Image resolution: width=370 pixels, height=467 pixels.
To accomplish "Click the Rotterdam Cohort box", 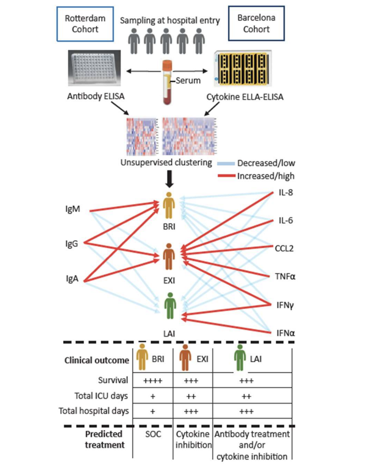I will [x=85, y=24].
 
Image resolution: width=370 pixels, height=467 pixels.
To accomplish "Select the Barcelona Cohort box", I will [x=256, y=23].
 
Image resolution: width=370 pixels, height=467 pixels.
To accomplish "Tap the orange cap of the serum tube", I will [x=167, y=65].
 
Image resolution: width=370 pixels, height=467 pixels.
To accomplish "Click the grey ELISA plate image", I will [x=94, y=68].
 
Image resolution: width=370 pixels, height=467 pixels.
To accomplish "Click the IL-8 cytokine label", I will [x=285, y=193].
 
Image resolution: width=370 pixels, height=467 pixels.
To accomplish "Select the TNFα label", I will [x=285, y=276].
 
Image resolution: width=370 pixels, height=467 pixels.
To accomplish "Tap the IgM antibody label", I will [x=72, y=209].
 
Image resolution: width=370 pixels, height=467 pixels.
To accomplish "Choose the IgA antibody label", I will [x=72, y=279].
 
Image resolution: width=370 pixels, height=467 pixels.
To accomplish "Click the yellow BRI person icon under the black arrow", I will [x=169, y=206].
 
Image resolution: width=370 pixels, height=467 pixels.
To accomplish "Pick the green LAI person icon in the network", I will [x=170, y=306].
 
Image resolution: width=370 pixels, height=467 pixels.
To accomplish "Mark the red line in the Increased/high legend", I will [x=226, y=176].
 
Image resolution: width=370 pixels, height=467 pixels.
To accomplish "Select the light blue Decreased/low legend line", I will [x=226, y=163].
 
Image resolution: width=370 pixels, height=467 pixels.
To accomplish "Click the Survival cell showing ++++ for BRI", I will [x=153, y=380].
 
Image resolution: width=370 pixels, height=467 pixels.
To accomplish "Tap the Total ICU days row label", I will [x=101, y=396].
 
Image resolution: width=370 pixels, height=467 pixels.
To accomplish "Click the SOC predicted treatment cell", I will [x=153, y=434].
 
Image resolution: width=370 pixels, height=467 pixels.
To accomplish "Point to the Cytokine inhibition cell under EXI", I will [x=193, y=439].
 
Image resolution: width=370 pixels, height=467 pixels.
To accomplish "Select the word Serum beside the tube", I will [x=188, y=80].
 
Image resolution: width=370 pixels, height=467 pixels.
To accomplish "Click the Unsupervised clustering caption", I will [x=166, y=162].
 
